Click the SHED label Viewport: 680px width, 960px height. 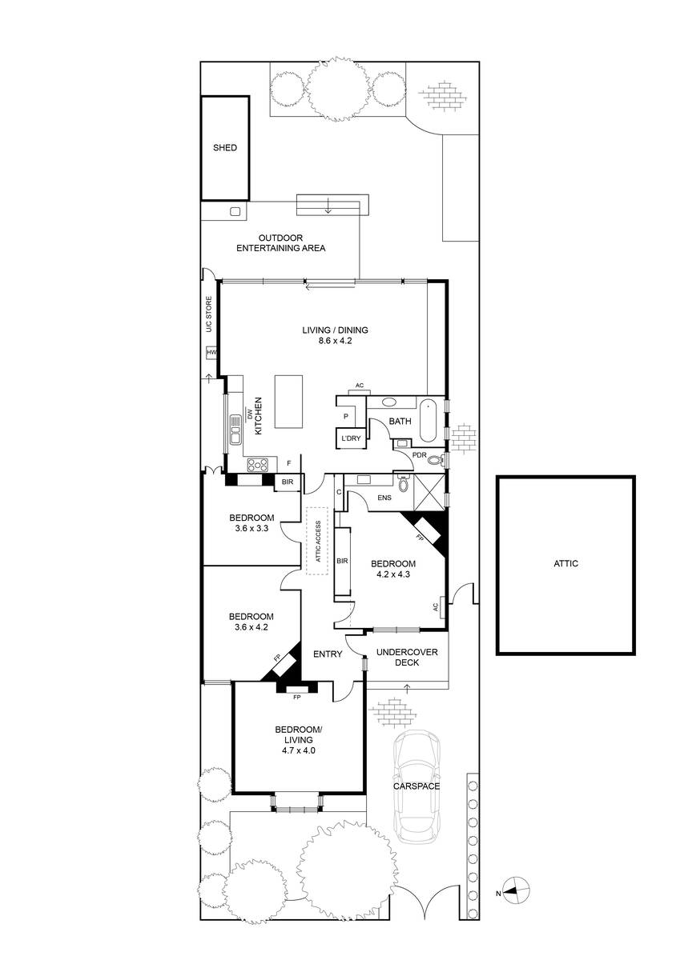225,147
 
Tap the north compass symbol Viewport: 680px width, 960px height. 516,890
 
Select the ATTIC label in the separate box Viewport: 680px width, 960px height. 566,563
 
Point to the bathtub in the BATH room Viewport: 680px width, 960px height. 428,421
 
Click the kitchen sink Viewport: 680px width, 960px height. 235,430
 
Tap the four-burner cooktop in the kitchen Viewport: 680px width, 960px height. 257,465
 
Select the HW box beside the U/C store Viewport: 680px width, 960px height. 211,353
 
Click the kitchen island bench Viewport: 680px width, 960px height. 288,401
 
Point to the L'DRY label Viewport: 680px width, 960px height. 351,438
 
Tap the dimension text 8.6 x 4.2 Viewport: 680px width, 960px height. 335,341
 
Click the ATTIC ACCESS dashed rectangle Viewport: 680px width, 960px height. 316,542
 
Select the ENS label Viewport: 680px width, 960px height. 384,498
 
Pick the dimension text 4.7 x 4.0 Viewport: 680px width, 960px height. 299,750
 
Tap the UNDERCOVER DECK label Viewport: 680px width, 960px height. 407,657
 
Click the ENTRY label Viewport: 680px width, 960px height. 328,654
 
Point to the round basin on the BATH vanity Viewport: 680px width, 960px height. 389,402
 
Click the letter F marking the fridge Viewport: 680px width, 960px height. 289,463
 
